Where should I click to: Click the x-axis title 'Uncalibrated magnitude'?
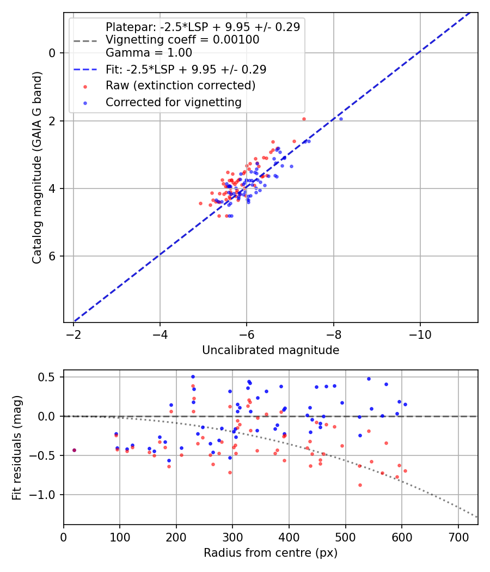click(271, 350)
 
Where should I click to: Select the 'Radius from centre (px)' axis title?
click(271, 553)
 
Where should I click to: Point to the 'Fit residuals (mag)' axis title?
click(17, 447)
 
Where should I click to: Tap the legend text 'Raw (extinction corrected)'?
click(180, 86)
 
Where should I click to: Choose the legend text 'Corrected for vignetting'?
click(173, 102)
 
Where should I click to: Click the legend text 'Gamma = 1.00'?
click(149, 53)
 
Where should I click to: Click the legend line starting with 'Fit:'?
click(186, 69)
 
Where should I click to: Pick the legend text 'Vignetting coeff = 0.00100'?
click(182, 40)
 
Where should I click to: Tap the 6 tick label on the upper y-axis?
click(52, 257)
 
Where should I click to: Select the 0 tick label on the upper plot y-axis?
click(52, 53)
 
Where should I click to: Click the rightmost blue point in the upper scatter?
click(341, 119)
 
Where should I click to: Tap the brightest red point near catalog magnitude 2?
click(304, 119)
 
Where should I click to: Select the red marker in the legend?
click(85, 86)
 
